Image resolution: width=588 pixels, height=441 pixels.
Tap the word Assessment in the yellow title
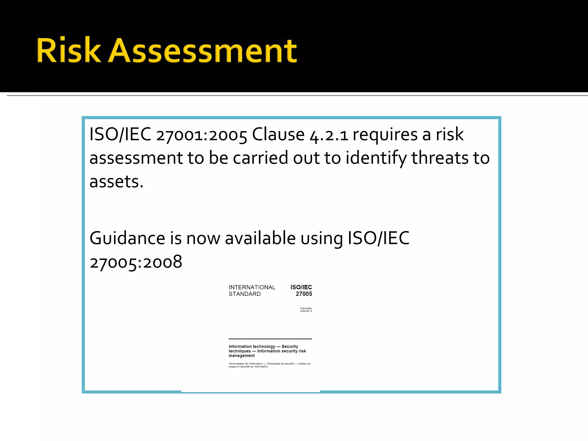[203, 51]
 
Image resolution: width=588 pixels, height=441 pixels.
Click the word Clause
[278, 134]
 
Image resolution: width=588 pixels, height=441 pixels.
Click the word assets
[116, 182]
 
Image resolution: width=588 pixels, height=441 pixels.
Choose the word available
[260, 238]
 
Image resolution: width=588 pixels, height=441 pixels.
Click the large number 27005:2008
[136, 262]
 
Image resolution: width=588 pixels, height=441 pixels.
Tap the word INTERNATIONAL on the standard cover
[252, 287]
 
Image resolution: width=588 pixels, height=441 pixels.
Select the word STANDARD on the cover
[245, 294]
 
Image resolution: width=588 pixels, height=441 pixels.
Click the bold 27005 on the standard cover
[304, 294]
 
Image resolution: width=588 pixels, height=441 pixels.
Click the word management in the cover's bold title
[241, 356]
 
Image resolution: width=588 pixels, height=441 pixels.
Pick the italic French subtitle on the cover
[269, 365]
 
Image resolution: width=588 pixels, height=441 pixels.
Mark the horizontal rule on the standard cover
[270, 339]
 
